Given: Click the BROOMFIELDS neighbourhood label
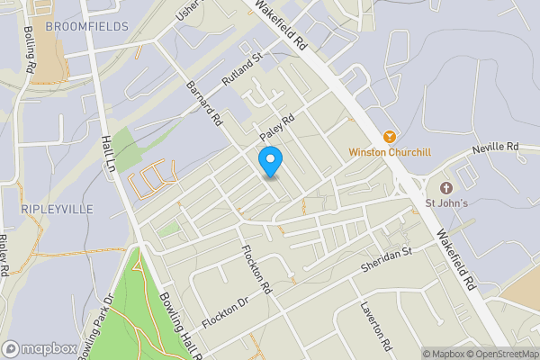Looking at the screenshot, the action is pyautogui.click(x=86, y=26).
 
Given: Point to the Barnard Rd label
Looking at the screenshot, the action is pyautogui.click(x=202, y=103).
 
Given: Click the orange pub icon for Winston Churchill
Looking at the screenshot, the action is pyautogui.click(x=389, y=137).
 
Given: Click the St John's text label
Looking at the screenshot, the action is pyautogui.click(x=446, y=202).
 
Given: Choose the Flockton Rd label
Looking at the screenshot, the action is pyautogui.click(x=255, y=270).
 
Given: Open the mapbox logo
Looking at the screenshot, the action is pyautogui.click(x=39, y=348).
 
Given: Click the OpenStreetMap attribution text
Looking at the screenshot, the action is pyautogui.click(x=503, y=354).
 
